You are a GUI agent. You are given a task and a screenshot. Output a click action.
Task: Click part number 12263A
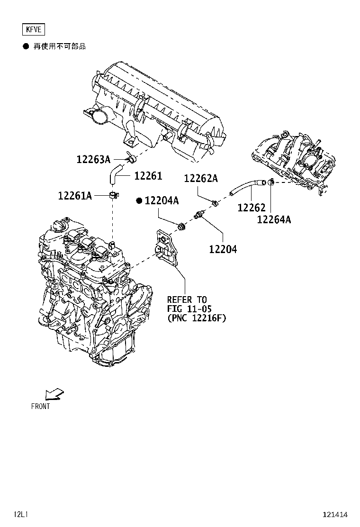click(93, 159)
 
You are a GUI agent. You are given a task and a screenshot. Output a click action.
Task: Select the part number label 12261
click(148, 176)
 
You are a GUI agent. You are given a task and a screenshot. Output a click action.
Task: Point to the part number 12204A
click(162, 201)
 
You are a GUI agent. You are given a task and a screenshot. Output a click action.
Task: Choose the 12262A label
click(200, 178)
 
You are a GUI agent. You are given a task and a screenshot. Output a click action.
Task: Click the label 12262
click(251, 208)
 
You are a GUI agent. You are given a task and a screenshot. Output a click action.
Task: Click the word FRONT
click(40, 406)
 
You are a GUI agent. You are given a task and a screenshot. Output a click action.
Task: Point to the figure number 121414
click(335, 515)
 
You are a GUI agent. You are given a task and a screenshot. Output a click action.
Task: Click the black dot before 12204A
click(139, 201)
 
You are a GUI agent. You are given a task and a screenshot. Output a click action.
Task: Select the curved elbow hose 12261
click(115, 173)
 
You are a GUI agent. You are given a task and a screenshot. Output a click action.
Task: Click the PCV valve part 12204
click(198, 216)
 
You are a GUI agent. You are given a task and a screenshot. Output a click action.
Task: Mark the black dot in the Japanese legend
click(26, 46)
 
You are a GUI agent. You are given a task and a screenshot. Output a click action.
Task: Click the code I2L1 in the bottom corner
click(21, 515)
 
